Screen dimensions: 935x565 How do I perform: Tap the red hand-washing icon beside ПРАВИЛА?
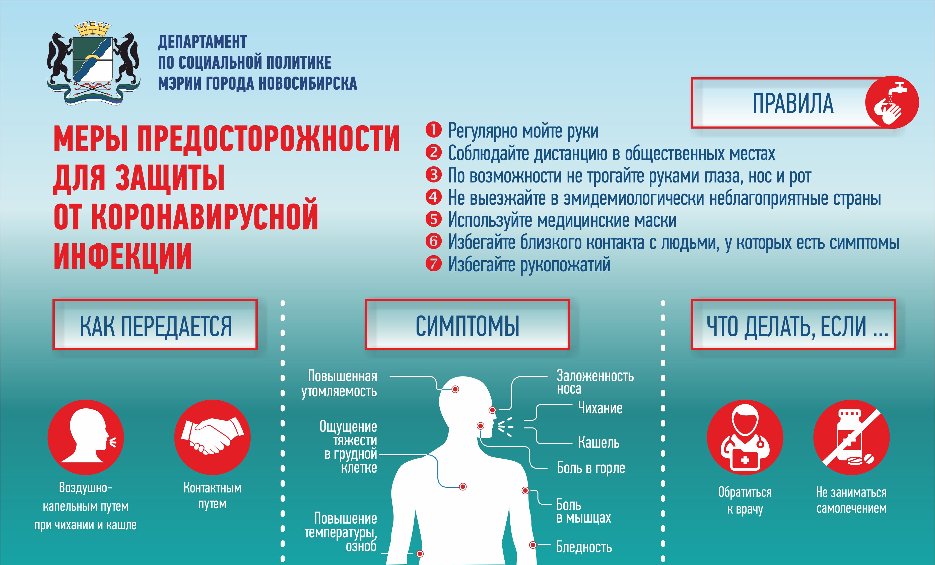point(892,102)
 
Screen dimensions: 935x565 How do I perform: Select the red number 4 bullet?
point(433,197)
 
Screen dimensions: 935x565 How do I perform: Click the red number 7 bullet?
point(433,264)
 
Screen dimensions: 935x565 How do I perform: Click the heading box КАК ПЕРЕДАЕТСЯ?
point(155,325)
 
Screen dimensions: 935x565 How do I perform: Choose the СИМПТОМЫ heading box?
point(467,325)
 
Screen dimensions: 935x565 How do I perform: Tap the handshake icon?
point(212,437)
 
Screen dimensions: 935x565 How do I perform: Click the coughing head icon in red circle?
point(86,437)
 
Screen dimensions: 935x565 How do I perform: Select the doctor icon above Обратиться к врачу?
point(745,437)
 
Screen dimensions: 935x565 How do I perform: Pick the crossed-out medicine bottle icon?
point(851,437)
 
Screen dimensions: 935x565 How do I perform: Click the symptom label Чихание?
point(600,408)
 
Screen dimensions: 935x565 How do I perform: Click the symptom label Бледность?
point(584,547)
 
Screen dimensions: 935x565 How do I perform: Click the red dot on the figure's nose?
point(492,410)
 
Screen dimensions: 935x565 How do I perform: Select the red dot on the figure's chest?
point(462,487)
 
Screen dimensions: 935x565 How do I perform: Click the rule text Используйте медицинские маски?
point(562,220)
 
